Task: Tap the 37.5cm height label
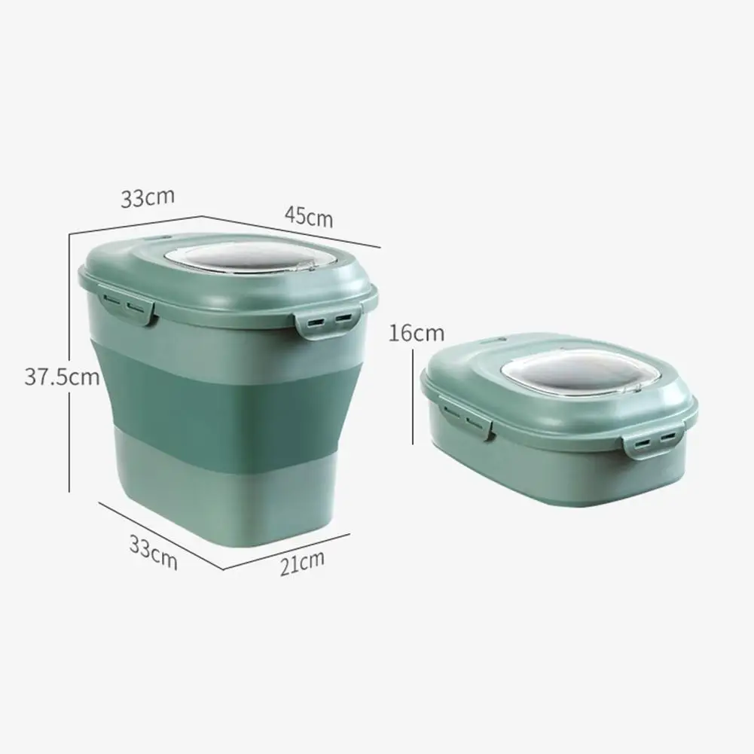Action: pyautogui.click(x=62, y=377)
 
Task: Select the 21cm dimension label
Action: pyautogui.click(x=301, y=563)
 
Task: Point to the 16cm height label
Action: pyautogui.click(x=417, y=333)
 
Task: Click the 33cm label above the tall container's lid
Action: pyautogui.click(x=148, y=199)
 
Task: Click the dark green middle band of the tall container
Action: pyautogui.click(x=218, y=399)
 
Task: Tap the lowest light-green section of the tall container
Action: pyautogui.click(x=218, y=497)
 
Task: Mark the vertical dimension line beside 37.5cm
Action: pyautogui.click(x=70, y=437)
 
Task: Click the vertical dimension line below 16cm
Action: pyautogui.click(x=414, y=399)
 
